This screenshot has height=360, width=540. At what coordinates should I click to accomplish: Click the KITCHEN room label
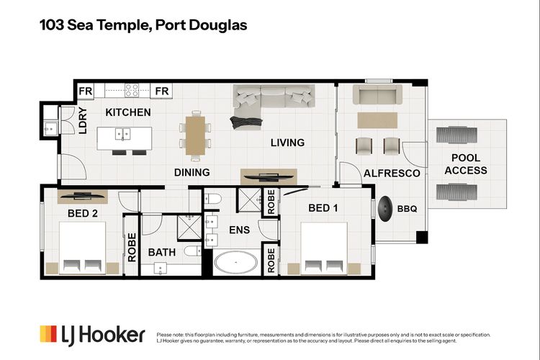coord(128,112)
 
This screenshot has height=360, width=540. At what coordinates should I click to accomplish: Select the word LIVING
coord(287,143)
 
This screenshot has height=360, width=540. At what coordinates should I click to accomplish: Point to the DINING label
coord(192,172)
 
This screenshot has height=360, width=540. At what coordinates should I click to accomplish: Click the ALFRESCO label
coord(391,174)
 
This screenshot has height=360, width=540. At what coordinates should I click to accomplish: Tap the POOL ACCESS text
coord(465,164)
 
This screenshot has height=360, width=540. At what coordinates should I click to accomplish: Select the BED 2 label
coord(84,213)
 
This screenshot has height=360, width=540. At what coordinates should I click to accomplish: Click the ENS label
coord(238,231)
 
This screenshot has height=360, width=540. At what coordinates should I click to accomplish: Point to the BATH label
coord(162,253)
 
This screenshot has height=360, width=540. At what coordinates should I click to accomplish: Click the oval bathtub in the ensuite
coord(235,263)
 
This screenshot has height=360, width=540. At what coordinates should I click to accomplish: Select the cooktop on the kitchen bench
coord(132,91)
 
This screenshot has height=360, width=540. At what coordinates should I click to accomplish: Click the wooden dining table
coord(194,131)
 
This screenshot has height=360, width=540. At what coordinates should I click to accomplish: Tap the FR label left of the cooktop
coord(86,91)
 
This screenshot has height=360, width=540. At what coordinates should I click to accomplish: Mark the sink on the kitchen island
coord(123,133)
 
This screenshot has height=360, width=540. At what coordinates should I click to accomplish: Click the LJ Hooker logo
coord(92,334)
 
